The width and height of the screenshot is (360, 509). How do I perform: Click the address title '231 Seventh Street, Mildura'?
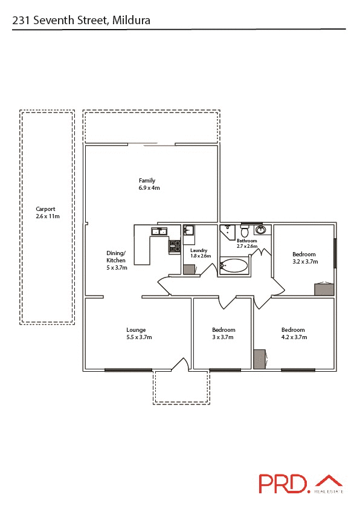click(82, 21)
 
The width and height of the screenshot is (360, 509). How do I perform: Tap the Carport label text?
click(48, 212)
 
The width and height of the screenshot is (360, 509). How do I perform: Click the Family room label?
click(147, 184)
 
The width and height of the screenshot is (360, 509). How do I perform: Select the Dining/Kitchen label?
click(116, 260)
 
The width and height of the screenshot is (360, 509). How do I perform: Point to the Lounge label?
click(136, 333)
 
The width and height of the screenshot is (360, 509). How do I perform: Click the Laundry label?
click(200, 253)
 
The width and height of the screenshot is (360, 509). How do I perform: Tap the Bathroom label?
click(247, 243)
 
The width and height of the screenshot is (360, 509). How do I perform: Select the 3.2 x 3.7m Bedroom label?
click(304, 258)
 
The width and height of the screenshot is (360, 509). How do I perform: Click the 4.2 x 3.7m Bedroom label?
click(293, 333)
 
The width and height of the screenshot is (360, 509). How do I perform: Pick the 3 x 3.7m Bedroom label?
click(223, 333)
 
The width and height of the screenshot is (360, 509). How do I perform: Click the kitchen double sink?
click(159, 231)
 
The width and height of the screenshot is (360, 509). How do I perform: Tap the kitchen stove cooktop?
click(175, 246)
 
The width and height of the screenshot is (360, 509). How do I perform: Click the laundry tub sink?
click(188, 230)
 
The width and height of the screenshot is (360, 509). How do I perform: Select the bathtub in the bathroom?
click(234, 265)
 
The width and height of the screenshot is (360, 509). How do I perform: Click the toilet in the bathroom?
click(245, 231)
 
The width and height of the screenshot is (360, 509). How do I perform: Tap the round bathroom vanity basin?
click(261, 230)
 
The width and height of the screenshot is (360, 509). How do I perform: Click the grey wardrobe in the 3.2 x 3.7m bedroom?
click(324, 289)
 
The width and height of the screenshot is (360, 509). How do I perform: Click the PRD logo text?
click(284, 484)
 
